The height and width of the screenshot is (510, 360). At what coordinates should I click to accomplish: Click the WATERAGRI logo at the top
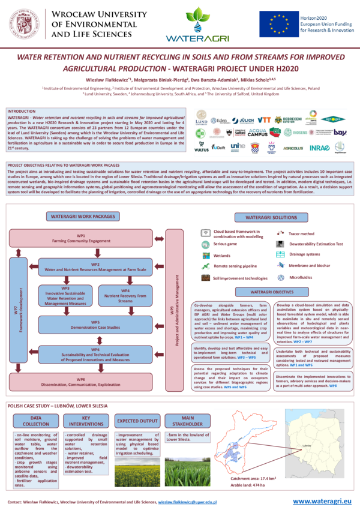point(197,25)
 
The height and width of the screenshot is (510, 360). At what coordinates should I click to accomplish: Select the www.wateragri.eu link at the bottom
point(322,500)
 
